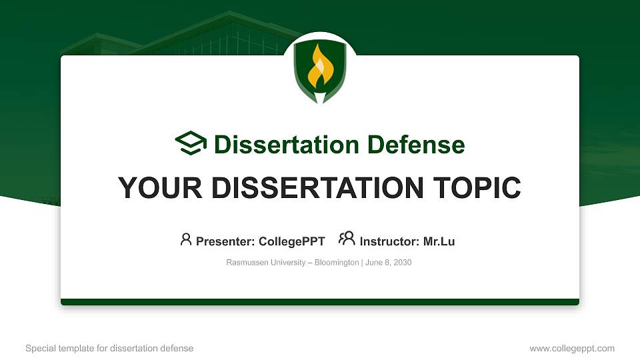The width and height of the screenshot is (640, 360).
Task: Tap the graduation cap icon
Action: (191, 144)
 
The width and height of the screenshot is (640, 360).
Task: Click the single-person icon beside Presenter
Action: (186, 239)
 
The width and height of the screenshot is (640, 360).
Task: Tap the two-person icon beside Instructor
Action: (347, 239)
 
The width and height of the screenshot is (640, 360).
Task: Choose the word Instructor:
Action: (389, 241)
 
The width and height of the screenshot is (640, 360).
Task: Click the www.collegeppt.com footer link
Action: (572, 348)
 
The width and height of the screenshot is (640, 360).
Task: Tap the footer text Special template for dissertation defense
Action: (109, 348)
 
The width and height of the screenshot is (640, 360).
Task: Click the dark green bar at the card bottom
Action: (320, 302)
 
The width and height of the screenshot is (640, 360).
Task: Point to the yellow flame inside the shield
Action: (319, 67)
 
